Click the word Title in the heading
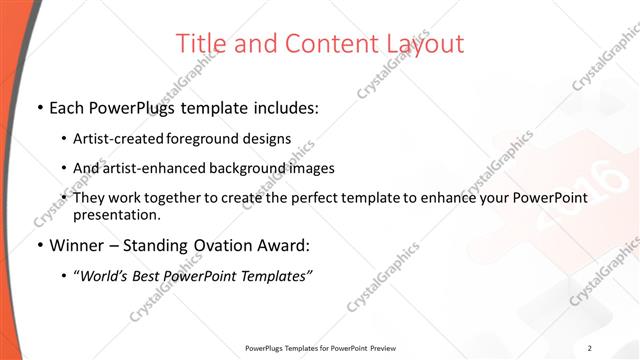click(199, 44)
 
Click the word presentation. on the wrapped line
click(117, 214)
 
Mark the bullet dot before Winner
click(39, 245)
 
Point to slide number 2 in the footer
click(590, 348)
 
